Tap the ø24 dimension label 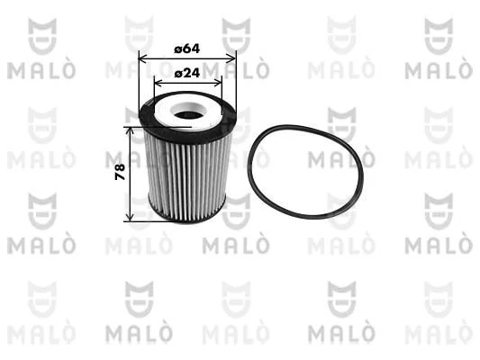coord(186,72)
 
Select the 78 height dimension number coord(120,173)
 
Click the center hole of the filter coord(187,115)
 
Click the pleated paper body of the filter coord(185,175)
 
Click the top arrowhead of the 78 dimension coord(131,131)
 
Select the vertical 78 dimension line coord(131,193)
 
